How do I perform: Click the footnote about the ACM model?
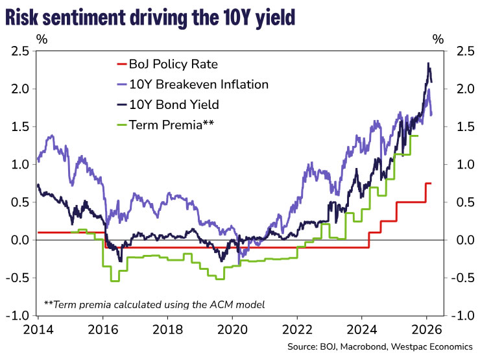pyautogui.click(x=155, y=304)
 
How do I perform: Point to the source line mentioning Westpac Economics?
pyautogui.click(x=384, y=347)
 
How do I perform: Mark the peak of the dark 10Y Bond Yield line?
pyautogui.click(x=428, y=63)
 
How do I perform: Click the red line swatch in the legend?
pyautogui.click(x=123, y=64)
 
